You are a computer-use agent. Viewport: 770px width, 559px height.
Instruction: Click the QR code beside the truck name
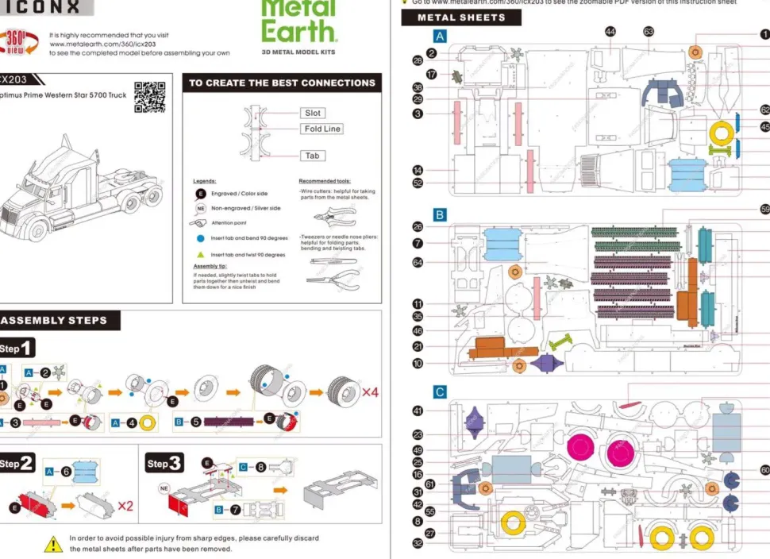pyautogui.click(x=149, y=96)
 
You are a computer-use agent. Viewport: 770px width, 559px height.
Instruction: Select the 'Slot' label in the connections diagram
pyautogui.click(x=314, y=114)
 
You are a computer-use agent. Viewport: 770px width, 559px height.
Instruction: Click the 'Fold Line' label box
pyautogui.click(x=322, y=129)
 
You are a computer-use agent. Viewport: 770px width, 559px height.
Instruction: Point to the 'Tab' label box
pyautogui.click(x=313, y=156)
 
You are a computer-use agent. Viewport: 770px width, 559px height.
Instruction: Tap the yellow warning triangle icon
pyautogui.click(x=53, y=544)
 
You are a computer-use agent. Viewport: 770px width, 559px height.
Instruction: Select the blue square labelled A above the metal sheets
pyautogui.click(x=440, y=36)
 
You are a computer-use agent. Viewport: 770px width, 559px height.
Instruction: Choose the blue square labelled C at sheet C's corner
pyautogui.click(x=440, y=391)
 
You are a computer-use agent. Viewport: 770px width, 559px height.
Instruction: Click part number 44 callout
pyautogui.click(x=610, y=32)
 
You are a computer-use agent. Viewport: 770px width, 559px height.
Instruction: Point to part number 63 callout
pyautogui.click(x=649, y=32)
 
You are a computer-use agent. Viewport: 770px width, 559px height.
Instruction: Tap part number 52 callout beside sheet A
pyautogui.click(x=418, y=183)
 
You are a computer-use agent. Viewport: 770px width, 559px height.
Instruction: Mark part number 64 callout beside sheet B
pyautogui.click(x=418, y=262)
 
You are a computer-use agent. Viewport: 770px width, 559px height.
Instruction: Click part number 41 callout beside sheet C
pyautogui.click(x=418, y=411)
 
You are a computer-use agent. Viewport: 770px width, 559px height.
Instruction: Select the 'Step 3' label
pyautogui.click(x=164, y=463)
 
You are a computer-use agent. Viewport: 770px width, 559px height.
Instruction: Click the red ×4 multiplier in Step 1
pyautogui.click(x=370, y=392)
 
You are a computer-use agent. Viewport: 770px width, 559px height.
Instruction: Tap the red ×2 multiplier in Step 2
pyautogui.click(x=125, y=505)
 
